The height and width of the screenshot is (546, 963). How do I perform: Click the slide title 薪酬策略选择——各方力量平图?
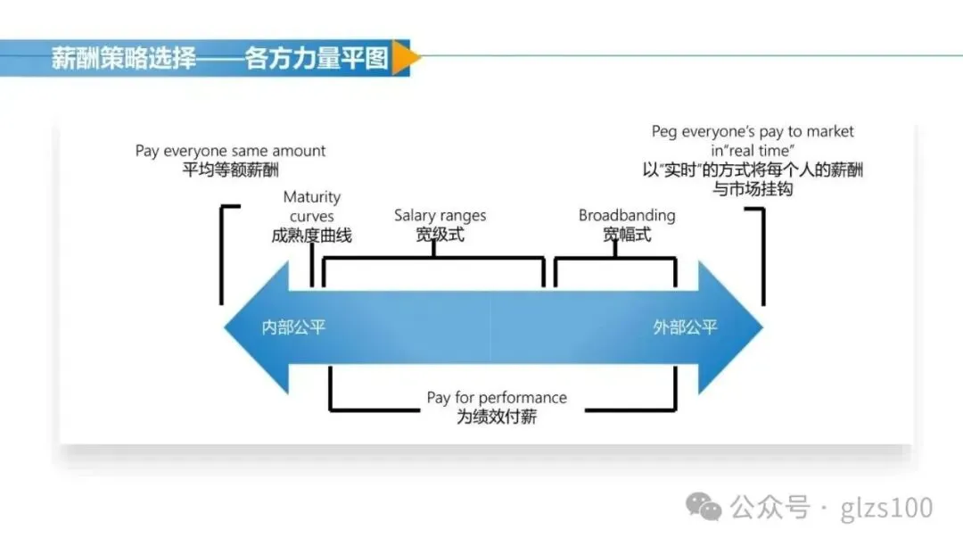(219, 59)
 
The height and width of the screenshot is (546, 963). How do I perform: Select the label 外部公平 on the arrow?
(685, 327)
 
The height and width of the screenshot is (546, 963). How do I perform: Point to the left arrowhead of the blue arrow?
(254, 327)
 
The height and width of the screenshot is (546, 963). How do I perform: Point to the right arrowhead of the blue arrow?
(731, 327)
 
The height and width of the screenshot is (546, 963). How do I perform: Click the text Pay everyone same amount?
(230, 152)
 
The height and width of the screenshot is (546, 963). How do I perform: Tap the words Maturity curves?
(311, 206)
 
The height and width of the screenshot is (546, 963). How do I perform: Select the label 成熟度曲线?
(311, 236)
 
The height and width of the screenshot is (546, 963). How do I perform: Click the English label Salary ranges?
(440, 216)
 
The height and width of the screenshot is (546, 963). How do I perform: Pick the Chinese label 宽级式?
(440, 236)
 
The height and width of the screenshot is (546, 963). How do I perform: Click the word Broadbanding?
(627, 216)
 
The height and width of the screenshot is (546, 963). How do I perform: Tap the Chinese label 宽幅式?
(627, 236)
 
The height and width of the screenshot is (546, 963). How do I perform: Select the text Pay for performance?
(497, 398)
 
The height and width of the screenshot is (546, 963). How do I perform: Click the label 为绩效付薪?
(497, 417)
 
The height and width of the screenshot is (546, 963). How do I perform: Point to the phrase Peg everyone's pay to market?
(753, 132)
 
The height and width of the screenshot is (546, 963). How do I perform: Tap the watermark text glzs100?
(886, 509)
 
